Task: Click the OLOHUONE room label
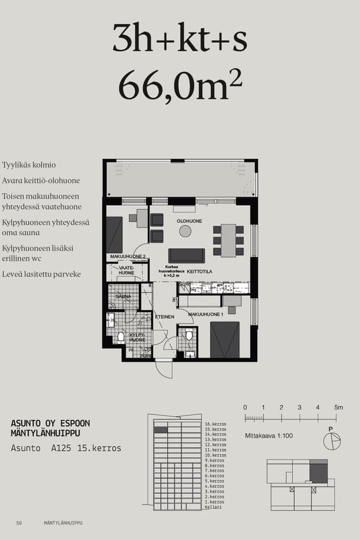(x=189, y=221)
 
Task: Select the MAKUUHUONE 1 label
(x=206, y=314)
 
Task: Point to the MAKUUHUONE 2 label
(x=128, y=257)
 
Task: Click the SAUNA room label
(x=123, y=296)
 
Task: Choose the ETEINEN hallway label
(x=164, y=317)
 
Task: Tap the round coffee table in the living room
(x=185, y=231)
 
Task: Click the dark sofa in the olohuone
(x=187, y=255)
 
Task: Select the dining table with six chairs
(x=228, y=240)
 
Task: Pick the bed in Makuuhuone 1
(x=225, y=340)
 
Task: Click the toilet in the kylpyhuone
(x=121, y=337)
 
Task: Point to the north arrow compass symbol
(x=331, y=441)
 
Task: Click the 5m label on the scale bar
(x=338, y=408)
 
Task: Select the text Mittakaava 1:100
(x=269, y=436)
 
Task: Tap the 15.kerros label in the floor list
(x=215, y=430)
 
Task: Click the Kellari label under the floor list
(x=213, y=507)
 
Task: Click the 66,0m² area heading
(x=180, y=86)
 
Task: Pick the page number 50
(x=19, y=523)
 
